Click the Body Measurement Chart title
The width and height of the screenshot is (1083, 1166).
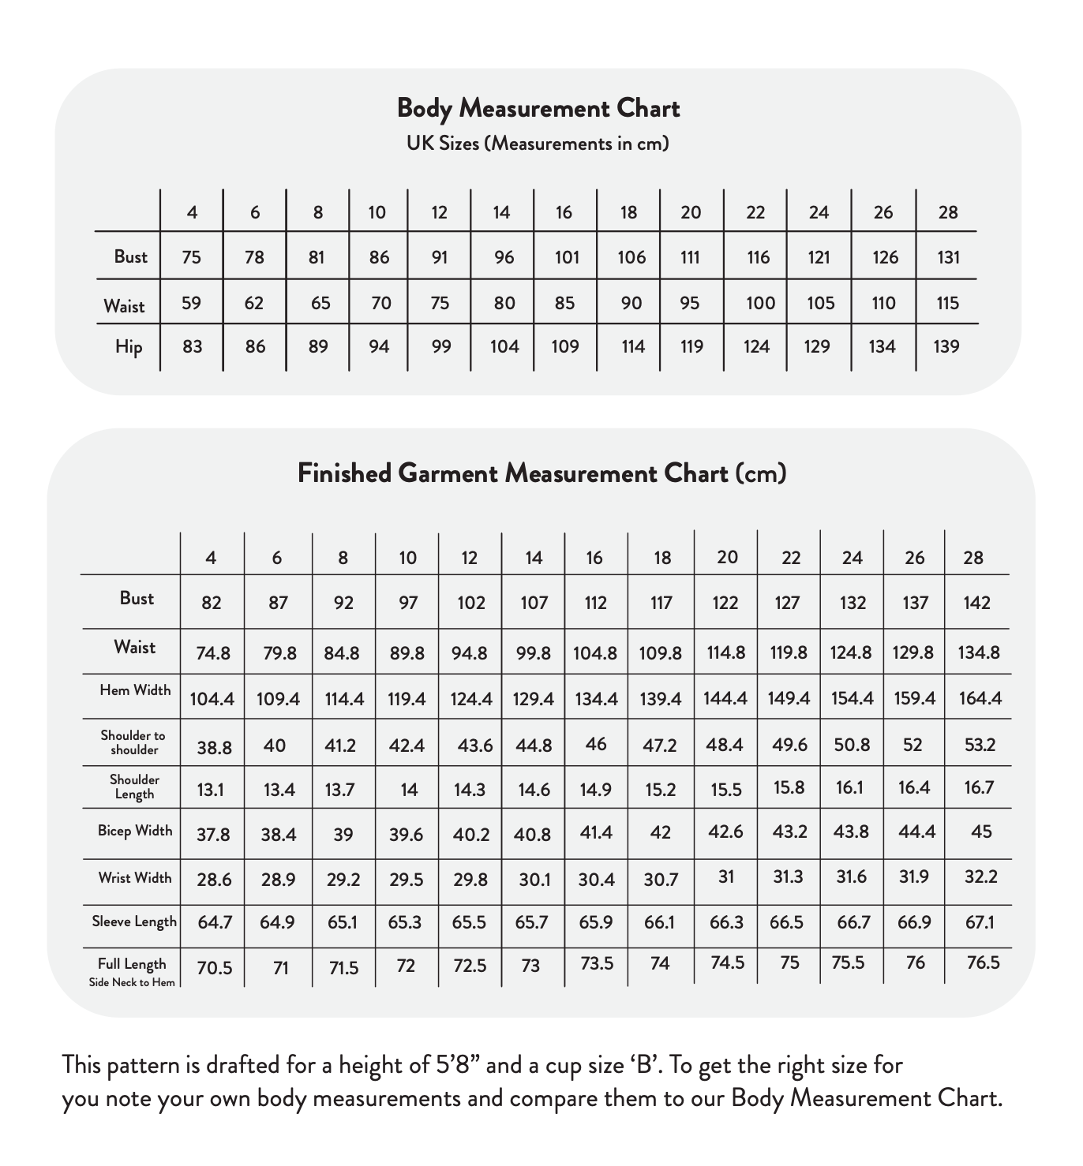tap(538, 108)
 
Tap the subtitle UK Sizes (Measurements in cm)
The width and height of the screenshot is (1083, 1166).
tap(538, 144)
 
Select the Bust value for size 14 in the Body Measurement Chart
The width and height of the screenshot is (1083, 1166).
tap(504, 257)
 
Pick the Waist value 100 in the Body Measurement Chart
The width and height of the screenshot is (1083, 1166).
tap(760, 303)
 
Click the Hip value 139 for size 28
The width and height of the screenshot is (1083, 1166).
tap(946, 346)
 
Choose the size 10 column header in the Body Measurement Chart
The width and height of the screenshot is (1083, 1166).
tap(377, 212)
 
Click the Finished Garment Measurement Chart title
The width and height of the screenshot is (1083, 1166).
tap(541, 473)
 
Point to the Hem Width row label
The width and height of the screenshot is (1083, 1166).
tap(135, 690)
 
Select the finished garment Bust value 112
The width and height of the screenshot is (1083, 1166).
tap(595, 604)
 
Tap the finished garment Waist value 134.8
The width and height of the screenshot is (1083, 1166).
tap(979, 652)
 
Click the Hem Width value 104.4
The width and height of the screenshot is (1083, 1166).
tap(212, 699)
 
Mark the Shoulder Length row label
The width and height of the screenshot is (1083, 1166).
tap(134, 787)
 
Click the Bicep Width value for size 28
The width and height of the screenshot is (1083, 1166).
tap(981, 832)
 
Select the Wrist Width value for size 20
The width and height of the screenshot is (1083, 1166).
tap(726, 876)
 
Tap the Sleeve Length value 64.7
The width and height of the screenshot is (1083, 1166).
tap(214, 922)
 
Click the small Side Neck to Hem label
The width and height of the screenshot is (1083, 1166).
tap(133, 982)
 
